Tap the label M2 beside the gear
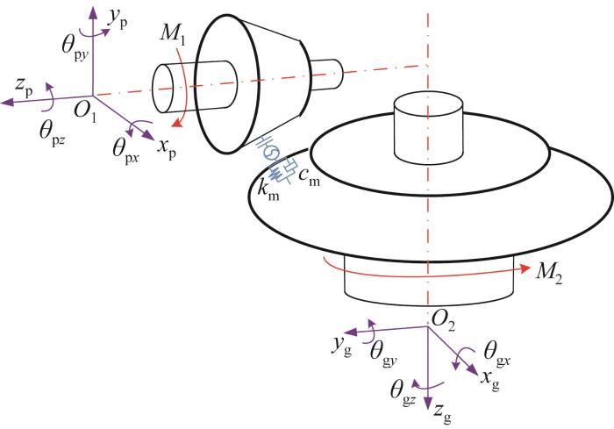tap(549, 272)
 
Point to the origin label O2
tap(443, 322)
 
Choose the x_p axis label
tap(167, 149)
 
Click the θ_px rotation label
tap(125, 151)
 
